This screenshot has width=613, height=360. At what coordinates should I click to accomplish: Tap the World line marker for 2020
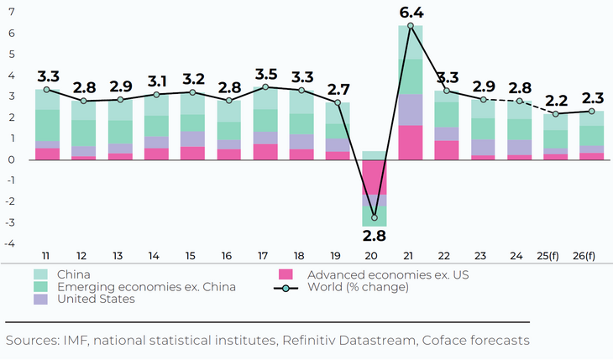(375, 217)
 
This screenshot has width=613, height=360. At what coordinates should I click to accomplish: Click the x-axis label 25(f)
(556, 255)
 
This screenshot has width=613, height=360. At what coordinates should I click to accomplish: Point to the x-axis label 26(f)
(592, 255)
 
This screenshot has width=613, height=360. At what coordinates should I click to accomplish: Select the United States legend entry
(96, 300)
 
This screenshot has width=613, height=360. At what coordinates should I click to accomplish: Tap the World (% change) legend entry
(358, 287)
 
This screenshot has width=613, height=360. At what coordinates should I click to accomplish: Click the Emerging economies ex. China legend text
(146, 287)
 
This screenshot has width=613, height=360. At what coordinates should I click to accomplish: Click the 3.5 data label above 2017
(266, 72)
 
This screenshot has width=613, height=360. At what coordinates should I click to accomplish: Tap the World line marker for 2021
(411, 26)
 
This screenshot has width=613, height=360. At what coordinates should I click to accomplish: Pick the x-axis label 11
(47, 255)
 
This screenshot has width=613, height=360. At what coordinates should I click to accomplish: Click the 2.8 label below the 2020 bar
(375, 236)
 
